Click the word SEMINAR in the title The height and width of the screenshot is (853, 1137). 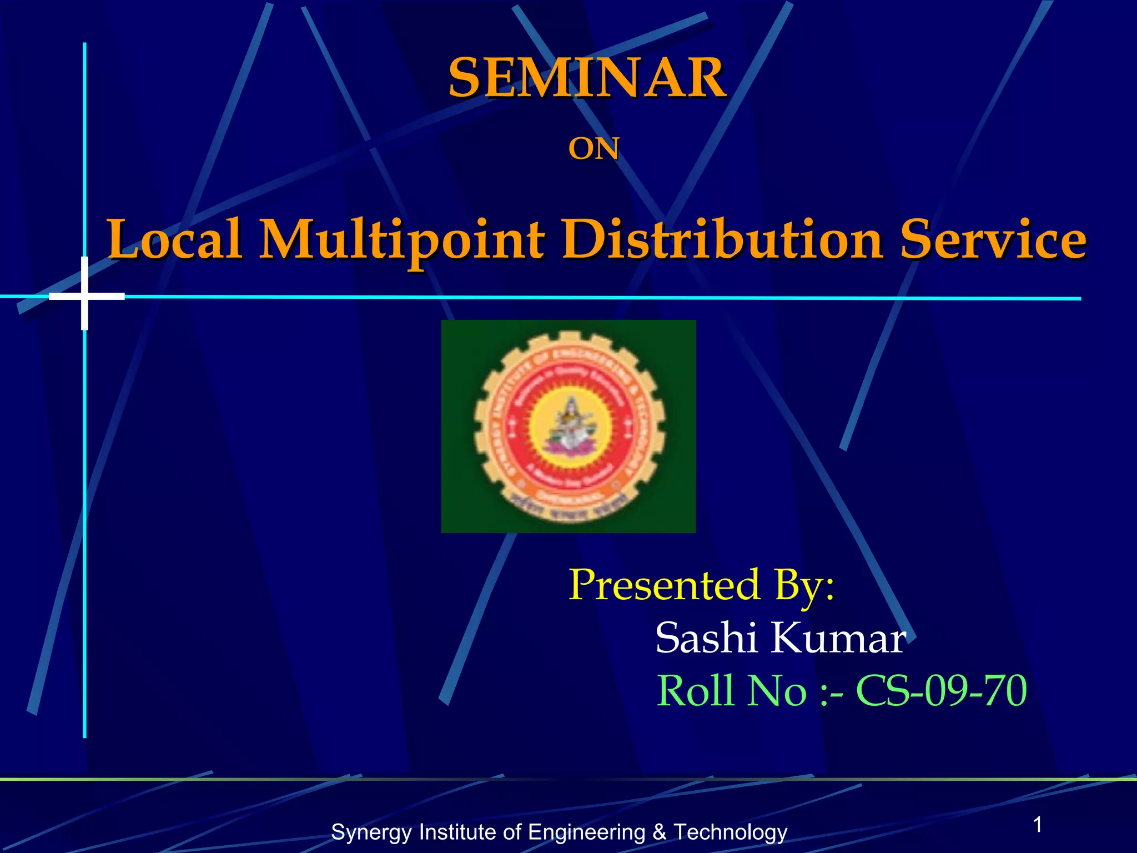(587, 78)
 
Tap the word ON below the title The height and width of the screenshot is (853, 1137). (593, 149)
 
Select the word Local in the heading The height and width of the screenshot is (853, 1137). (175, 239)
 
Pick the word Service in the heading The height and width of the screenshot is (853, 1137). (993, 239)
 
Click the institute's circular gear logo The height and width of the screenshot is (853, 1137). (568, 426)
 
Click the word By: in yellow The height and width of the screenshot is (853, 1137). (804, 586)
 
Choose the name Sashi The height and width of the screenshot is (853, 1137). (706, 638)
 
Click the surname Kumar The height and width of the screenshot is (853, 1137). (838, 638)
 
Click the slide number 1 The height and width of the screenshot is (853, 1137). (1038, 825)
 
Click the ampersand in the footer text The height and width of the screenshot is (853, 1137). (659, 832)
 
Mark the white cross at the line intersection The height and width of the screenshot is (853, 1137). (85, 295)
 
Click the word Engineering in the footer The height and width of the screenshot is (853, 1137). (586, 832)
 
